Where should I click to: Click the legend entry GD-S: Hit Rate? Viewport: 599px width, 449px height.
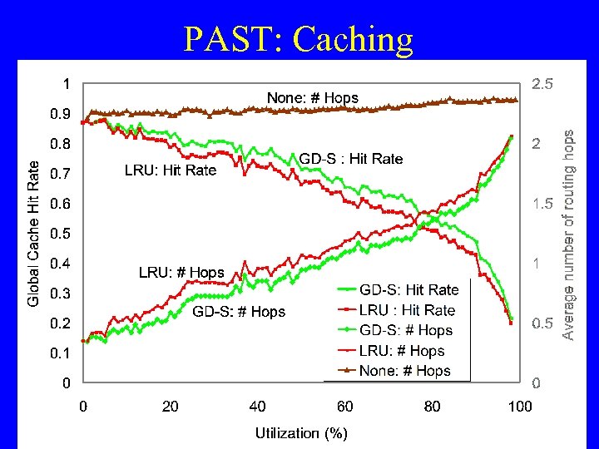click(408, 290)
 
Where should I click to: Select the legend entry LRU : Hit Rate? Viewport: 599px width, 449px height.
click(407, 310)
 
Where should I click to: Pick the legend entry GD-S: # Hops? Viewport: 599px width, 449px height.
click(406, 330)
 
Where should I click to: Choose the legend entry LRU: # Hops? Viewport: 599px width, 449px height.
click(402, 351)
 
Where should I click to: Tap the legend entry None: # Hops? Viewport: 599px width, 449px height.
click(405, 371)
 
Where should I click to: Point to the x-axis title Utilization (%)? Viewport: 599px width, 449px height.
click(301, 432)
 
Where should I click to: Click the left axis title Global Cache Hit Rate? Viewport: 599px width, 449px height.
click(33, 233)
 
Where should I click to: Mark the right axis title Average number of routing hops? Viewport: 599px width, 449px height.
click(568, 234)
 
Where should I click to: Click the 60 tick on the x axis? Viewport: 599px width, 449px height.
click(345, 407)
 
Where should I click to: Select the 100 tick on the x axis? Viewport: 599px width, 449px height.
click(520, 407)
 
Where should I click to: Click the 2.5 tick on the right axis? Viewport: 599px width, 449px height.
click(542, 84)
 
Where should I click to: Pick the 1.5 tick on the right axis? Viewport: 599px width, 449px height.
click(542, 204)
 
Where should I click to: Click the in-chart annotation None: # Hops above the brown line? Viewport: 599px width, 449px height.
click(312, 98)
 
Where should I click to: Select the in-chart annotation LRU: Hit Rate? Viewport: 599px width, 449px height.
click(170, 170)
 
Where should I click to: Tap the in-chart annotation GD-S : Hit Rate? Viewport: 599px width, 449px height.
click(350, 159)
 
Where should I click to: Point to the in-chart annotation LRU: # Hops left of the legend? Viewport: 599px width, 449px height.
click(181, 272)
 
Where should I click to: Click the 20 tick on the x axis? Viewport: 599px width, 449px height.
click(170, 407)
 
